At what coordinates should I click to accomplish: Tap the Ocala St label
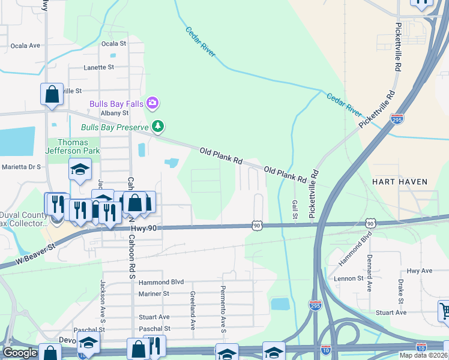(114, 44)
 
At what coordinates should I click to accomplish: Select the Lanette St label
(99, 68)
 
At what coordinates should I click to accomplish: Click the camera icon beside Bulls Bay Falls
(152, 103)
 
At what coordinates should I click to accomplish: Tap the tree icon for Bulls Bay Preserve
(158, 126)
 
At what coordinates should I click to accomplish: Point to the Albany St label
(115, 113)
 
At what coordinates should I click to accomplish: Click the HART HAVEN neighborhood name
(399, 181)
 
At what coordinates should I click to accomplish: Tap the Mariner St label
(154, 294)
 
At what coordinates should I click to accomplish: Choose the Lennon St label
(349, 278)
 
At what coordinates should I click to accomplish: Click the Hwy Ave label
(420, 271)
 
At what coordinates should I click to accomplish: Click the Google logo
(20, 352)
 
